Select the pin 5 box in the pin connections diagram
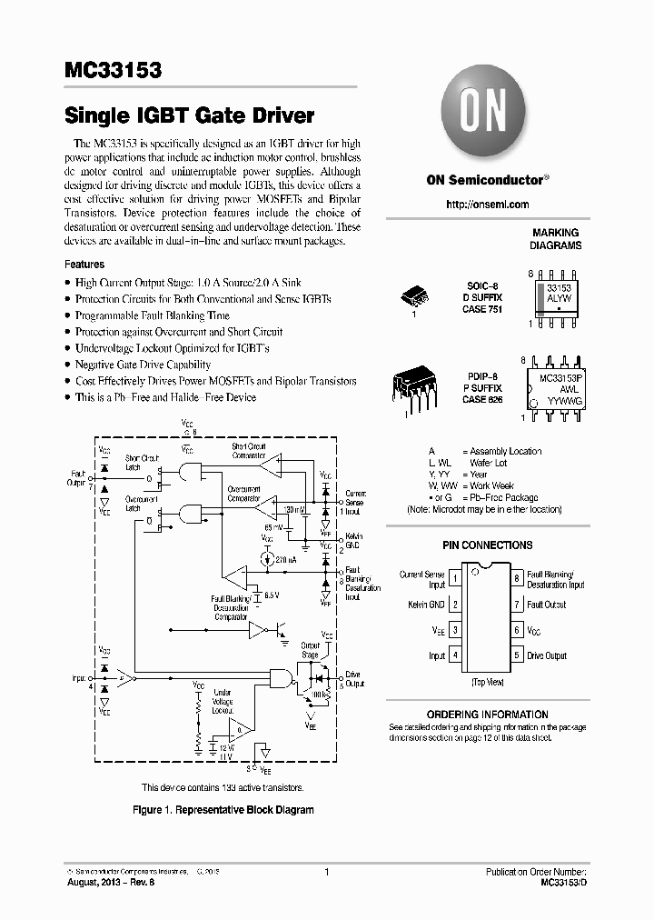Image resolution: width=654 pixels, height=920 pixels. click(x=516, y=655)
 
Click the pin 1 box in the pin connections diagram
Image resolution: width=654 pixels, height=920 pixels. click(x=455, y=577)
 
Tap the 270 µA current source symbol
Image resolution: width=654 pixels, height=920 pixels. click(x=267, y=559)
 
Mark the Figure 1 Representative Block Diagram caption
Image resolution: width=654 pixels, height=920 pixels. click(x=223, y=809)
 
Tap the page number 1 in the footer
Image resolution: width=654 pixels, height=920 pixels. click(x=326, y=872)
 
